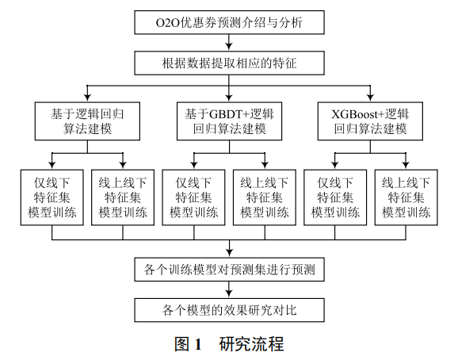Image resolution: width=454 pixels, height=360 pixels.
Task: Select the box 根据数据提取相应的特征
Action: tap(230, 61)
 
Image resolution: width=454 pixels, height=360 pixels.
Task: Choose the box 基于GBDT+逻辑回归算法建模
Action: tap(230, 121)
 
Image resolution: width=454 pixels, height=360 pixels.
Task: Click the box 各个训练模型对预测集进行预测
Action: tap(230, 270)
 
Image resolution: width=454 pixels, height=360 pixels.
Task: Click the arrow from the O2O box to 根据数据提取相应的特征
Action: tap(230, 43)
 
